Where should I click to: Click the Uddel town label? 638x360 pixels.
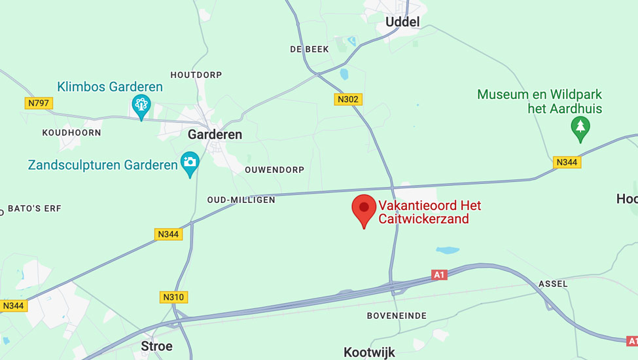[402, 22]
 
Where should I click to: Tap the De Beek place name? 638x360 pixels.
[310, 49]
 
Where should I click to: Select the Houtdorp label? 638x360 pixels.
[196, 75]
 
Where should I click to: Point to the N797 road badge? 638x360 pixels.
[39, 103]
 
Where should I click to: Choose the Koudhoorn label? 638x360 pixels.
[72, 132]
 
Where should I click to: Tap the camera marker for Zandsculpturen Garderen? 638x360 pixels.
[190, 163]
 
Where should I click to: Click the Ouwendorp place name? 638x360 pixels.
[274, 170]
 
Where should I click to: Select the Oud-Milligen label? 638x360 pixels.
[241, 200]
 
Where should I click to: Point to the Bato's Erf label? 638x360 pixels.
[34, 209]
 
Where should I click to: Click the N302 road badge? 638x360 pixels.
[348, 99]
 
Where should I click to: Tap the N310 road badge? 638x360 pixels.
[173, 297]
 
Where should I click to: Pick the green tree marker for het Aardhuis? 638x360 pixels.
[580, 128]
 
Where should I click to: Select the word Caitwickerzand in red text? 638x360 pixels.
[424, 219]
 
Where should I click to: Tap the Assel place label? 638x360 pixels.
[553, 284]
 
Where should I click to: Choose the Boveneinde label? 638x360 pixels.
[397, 315]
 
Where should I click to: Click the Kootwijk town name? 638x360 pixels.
[370, 352]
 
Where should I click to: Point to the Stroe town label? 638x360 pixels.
[157, 346]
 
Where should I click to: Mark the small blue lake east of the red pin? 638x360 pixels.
[448, 250]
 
